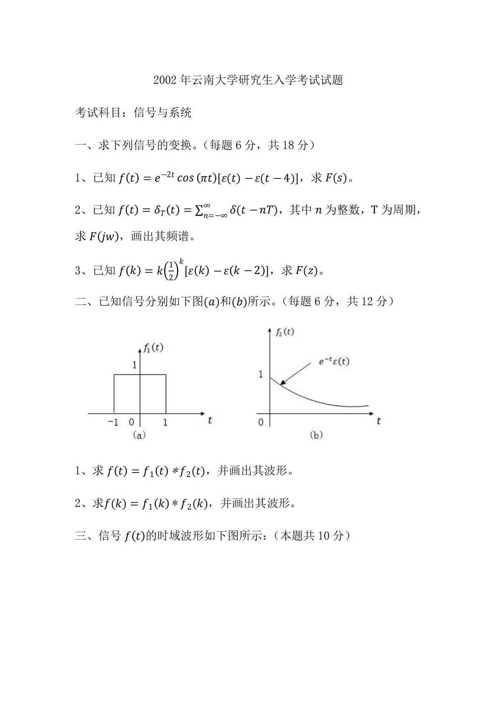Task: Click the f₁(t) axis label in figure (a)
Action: (153, 348)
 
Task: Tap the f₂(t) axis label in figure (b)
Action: (284, 332)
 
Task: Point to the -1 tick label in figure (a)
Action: (113, 422)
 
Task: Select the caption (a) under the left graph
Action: (139, 435)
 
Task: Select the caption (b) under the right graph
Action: (316, 435)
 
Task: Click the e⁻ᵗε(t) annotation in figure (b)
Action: (334, 362)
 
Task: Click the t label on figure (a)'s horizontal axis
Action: (210, 421)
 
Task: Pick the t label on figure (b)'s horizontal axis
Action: (378, 421)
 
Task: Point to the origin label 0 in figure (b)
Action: (261, 422)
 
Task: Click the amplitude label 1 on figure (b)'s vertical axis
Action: (261, 374)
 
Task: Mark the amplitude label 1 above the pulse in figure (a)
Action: (134, 365)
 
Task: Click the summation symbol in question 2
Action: (199, 210)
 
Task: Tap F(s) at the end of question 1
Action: (336, 178)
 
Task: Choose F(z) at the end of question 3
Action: (306, 271)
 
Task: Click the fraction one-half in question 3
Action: (170, 271)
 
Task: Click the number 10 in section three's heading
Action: (324, 536)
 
